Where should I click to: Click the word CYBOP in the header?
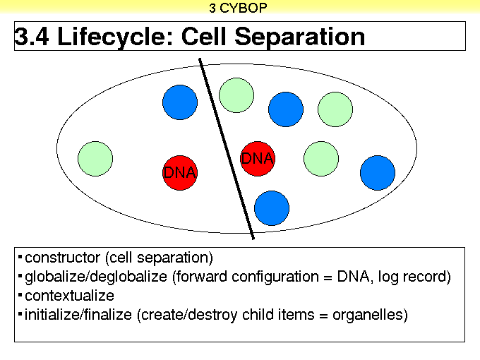point(244,8)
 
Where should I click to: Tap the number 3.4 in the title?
point(32,37)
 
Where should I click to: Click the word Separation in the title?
point(300,37)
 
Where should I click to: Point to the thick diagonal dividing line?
point(227,149)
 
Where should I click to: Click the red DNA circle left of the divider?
point(180,173)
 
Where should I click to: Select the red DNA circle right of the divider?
point(258,159)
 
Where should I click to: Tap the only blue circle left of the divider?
point(180,102)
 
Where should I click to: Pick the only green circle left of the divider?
point(95,159)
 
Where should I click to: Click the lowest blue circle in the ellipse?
point(272,208)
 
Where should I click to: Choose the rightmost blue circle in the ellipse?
point(378,173)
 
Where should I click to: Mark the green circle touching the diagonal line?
point(236,95)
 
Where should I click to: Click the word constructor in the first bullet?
point(62,258)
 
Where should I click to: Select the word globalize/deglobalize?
point(96,277)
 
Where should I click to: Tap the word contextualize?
point(69,296)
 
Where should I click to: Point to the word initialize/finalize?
point(78,315)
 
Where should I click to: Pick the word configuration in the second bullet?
point(275,277)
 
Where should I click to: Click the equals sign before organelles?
point(323,316)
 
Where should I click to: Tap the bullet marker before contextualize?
point(20,295)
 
